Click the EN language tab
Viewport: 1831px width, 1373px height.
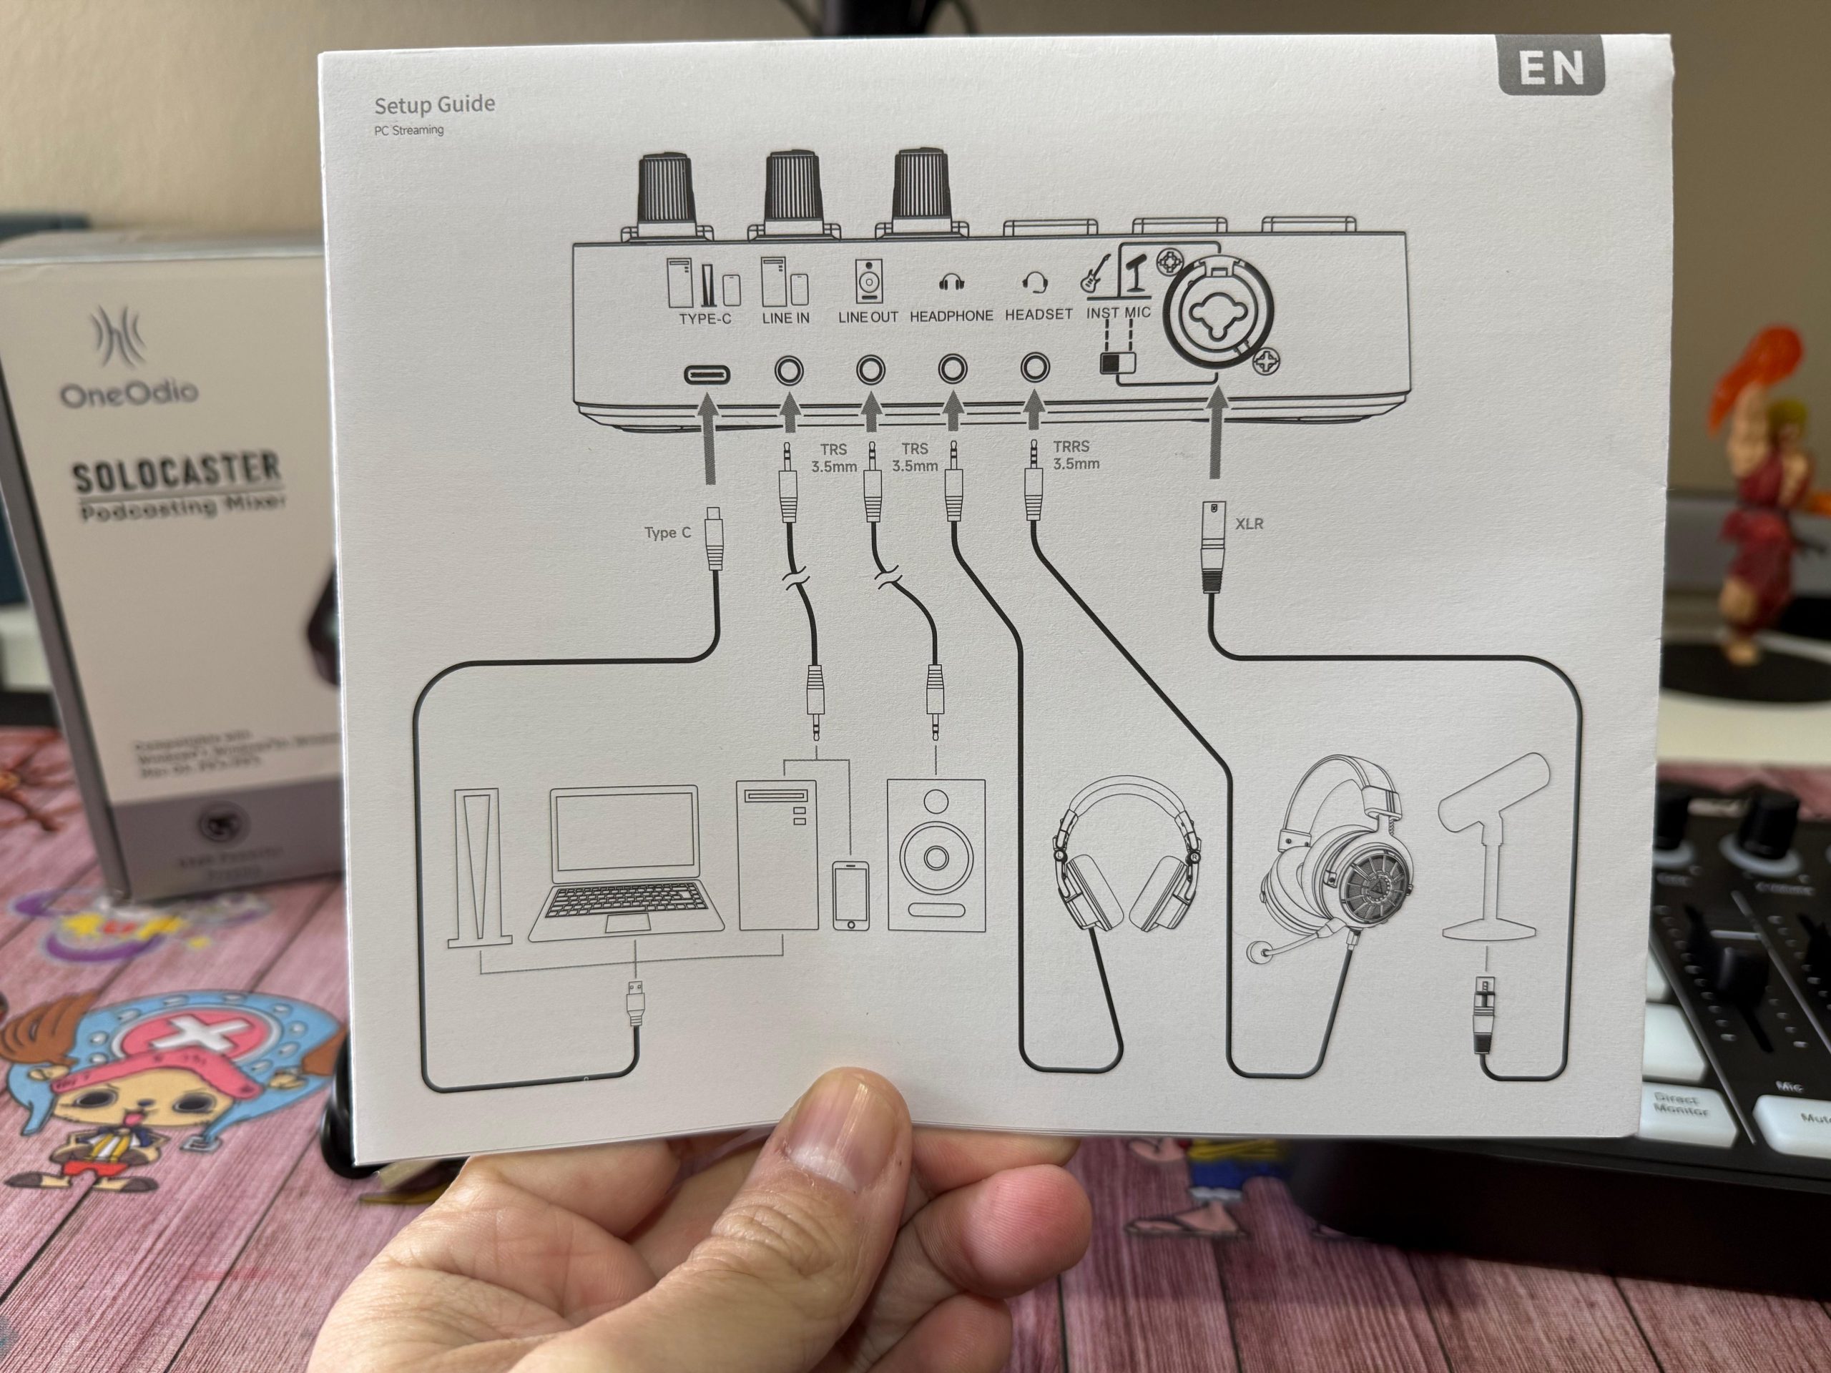coord(1551,68)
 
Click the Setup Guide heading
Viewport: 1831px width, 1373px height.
coord(435,105)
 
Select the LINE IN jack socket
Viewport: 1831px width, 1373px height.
coord(788,370)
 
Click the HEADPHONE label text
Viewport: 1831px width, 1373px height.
coord(951,316)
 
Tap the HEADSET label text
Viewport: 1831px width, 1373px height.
coord(1038,315)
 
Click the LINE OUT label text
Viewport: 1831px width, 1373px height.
coord(868,317)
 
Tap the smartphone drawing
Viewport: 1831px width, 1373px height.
coord(850,895)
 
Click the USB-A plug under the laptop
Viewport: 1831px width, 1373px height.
coord(635,1003)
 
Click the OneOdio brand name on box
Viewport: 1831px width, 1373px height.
coord(128,393)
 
